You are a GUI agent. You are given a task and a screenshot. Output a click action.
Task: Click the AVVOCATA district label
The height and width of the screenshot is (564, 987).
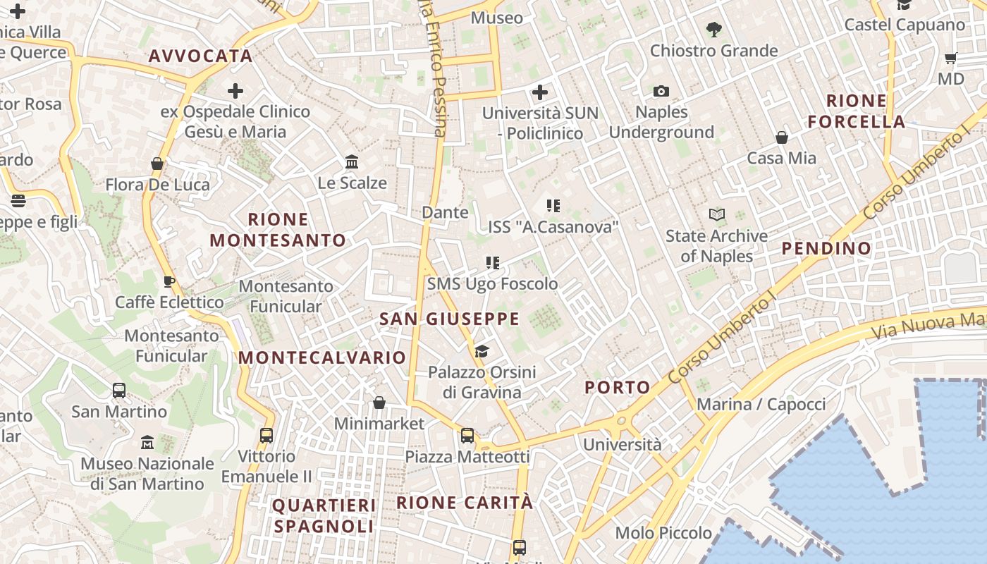pos(200,56)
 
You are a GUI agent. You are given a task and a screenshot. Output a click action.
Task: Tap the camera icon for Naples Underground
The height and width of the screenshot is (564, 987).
pos(661,91)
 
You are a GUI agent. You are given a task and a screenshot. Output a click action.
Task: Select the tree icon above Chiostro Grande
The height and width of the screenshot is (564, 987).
pos(713,29)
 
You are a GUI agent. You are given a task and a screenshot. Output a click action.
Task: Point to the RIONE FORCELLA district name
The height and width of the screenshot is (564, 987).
pos(857,111)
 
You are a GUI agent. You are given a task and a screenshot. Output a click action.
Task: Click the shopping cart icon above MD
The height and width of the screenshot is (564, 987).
pos(951,58)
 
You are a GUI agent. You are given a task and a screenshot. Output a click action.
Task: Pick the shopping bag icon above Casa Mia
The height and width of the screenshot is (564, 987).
pos(781,137)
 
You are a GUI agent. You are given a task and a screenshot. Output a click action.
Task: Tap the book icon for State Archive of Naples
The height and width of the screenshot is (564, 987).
pos(716,214)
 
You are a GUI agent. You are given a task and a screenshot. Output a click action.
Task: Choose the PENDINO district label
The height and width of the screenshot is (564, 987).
pos(826,248)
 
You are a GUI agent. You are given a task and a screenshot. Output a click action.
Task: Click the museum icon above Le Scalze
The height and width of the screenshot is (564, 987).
pos(352,162)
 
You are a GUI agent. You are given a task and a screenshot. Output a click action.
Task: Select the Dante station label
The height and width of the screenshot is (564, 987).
pos(445,212)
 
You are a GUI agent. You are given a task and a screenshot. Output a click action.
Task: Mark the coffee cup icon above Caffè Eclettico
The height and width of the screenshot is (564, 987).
pos(169,282)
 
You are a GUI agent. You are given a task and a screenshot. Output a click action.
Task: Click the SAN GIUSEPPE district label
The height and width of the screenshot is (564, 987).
pos(449,319)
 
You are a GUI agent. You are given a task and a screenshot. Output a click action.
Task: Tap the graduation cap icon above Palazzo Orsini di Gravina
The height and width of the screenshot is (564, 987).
pos(482,351)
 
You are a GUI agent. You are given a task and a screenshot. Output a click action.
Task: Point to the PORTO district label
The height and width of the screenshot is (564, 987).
pos(618,387)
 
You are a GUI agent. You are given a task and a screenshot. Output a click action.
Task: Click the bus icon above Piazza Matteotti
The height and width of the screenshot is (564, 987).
pos(467,436)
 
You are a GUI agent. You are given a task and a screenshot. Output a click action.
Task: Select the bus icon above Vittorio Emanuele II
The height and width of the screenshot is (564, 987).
pos(266,436)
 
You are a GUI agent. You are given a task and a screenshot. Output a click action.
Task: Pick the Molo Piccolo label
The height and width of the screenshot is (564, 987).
pos(663,533)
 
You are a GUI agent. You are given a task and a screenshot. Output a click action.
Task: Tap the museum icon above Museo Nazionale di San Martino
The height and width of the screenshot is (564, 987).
pos(147,443)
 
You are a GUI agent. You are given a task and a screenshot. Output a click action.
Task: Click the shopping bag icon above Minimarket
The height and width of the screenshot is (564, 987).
pos(379,403)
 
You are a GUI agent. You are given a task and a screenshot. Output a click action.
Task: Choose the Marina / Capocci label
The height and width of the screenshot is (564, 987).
pos(761,405)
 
